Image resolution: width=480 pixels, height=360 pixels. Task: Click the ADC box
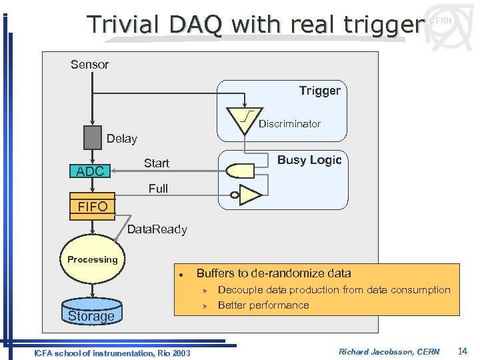click(90, 171)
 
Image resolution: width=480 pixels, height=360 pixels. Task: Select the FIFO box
click(93, 207)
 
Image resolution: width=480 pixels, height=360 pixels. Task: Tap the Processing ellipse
click(93, 260)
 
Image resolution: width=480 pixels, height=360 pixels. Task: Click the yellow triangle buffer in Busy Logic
click(251, 195)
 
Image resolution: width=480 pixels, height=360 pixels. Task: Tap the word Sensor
click(89, 65)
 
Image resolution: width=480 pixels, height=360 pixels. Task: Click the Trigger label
click(319, 91)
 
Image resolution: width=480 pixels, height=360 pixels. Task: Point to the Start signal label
click(157, 163)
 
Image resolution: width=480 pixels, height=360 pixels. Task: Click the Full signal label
click(158, 189)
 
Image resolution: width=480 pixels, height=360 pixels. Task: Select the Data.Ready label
click(157, 229)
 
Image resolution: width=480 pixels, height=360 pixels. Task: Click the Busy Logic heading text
click(309, 160)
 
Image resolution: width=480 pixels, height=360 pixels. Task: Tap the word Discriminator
click(289, 124)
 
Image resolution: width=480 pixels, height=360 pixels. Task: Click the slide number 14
click(462, 351)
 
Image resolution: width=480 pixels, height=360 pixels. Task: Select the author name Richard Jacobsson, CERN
click(389, 351)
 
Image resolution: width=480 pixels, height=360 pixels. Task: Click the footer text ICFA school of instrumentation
click(111, 353)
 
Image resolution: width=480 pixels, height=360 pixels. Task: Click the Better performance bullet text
click(263, 305)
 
